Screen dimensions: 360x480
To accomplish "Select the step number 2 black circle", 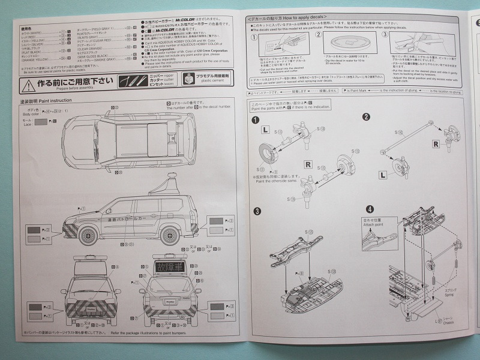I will (x=366, y=116).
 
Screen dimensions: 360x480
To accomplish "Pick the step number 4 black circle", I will (x=370, y=209).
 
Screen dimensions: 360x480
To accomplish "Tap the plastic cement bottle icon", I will (x=188, y=80).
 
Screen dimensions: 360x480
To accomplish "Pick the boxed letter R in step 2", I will (x=436, y=144).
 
